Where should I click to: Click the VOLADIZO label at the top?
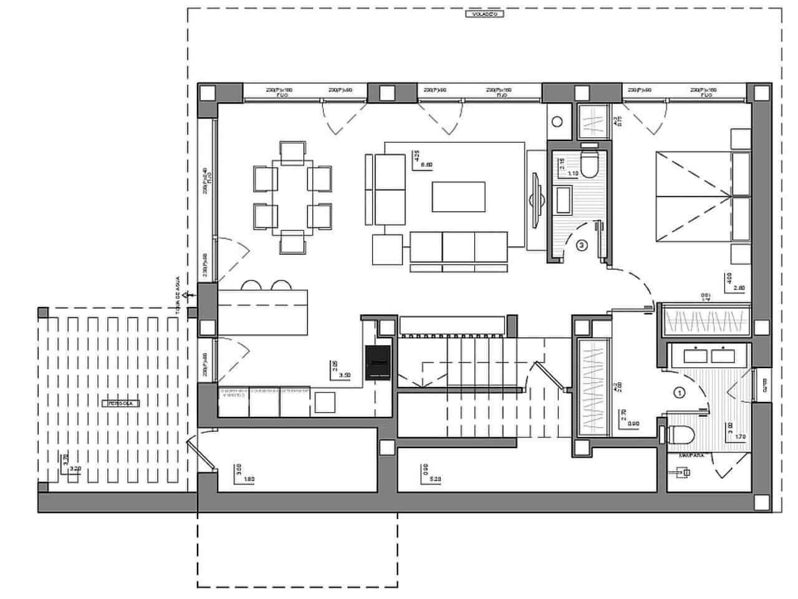(484, 13)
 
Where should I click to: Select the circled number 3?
(581, 246)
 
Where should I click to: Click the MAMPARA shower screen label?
(691, 456)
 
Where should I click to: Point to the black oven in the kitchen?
(378, 362)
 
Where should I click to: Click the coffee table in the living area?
(459, 198)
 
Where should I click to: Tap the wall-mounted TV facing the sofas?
(535, 200)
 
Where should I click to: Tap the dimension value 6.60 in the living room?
(427, 165)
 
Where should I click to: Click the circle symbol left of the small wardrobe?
(557, 120)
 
